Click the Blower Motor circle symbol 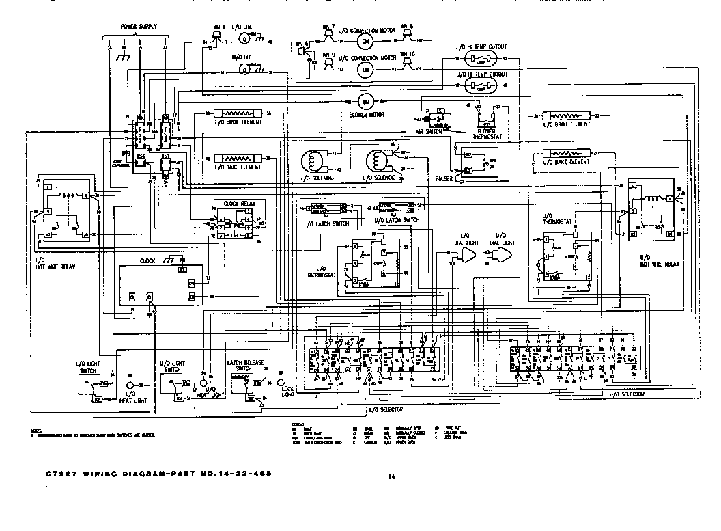coord(365,100)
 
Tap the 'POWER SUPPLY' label coord(139,27)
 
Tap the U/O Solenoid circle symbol coord(378,162)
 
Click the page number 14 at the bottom coord(391,476)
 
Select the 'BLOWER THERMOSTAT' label coord(490,132)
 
